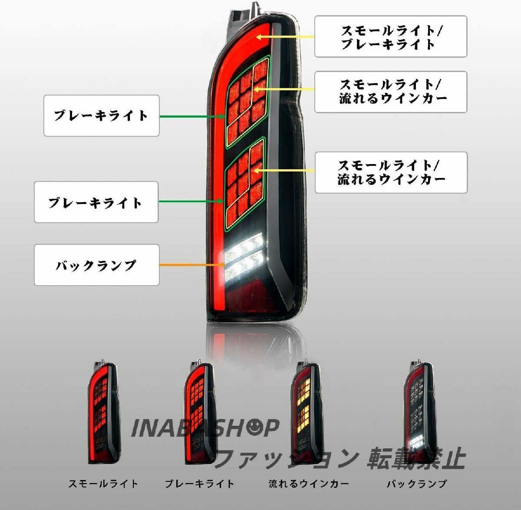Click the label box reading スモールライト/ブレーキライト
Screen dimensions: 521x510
click(x=390, y=36)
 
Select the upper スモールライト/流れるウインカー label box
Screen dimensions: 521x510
click(x=390, y=92)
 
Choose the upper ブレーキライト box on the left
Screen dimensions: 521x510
click(x=101, y=115)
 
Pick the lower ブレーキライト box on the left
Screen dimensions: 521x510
click(x=96, y=202)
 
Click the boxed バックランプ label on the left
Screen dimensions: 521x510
click(x=96, y=265)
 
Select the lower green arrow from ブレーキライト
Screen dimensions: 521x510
click(x=191, y=201)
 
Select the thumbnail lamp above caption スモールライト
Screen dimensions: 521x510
click(x=103, y=412)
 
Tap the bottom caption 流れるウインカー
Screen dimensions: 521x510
click(x=308, y=484)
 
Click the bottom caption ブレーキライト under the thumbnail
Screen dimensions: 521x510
click(x=199, y=484)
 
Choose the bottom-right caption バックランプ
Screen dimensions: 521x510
click(x=416, y=484)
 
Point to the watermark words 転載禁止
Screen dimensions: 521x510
click(x=416, y=459)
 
